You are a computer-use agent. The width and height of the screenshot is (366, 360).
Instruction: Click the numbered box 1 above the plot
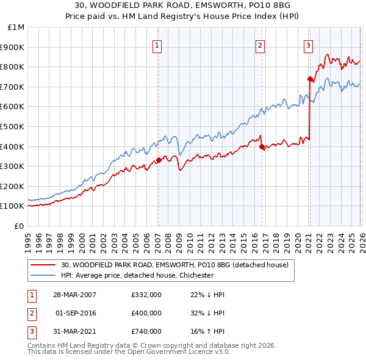157,45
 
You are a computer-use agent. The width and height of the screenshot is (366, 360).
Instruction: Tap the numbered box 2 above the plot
260,45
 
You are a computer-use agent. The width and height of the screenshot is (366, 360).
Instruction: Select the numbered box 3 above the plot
308,45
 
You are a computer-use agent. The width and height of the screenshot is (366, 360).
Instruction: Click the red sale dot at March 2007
159,160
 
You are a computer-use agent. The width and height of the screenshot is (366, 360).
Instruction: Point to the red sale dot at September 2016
261,146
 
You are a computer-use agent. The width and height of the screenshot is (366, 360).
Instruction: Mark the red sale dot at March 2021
310,79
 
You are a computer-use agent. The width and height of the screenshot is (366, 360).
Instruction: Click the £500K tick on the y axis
12,126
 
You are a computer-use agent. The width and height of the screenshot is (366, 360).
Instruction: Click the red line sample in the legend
43,265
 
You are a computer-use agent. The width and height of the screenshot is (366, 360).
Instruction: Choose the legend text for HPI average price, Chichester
137,275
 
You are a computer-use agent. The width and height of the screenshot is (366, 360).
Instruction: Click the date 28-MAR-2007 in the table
74,295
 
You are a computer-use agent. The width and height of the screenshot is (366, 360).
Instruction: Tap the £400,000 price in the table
146,313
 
